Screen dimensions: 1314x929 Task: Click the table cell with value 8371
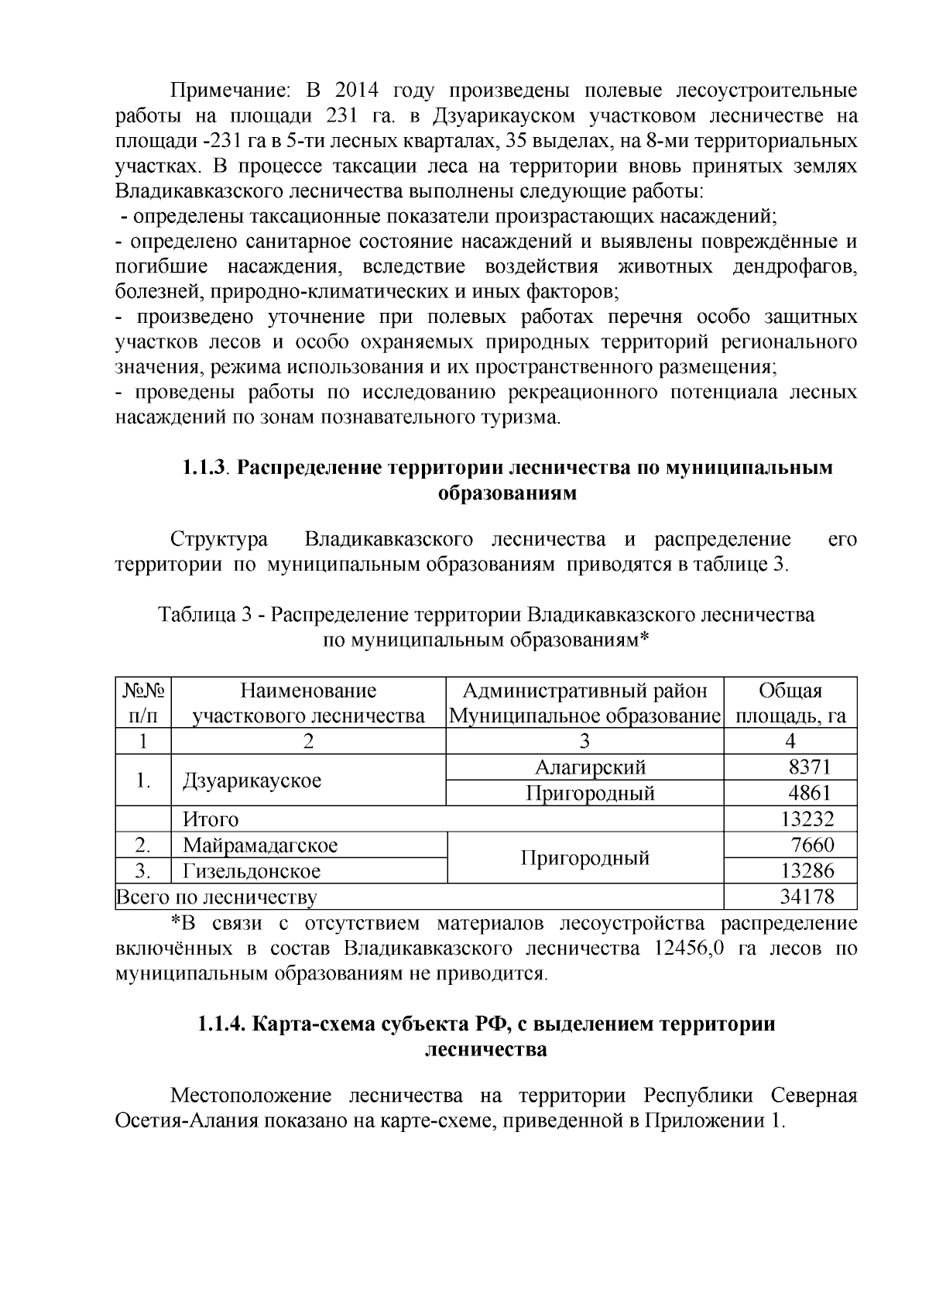pyautogui.click(x=809, y=767)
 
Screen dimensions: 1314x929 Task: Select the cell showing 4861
pyautogui.click(x=809, y=793)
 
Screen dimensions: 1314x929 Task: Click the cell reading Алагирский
pyautogui.click(x=590, y=767)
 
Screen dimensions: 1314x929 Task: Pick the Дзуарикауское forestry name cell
pyautogui.click(x=252, y=781)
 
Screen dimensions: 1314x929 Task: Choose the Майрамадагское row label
pyautogui.click(x=260, y=845)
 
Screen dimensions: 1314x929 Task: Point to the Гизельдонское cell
pyautogui.click(x=252, y=871)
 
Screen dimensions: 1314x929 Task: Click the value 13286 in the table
pyautogui.click(x=807, y=871)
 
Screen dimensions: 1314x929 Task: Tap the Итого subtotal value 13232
pyautogui.click(x=807, y=819)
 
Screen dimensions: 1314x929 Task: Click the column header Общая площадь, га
pyautogui.click(x=790, y=703)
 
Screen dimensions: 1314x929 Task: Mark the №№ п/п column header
pyautogui.click(x=142, y=703)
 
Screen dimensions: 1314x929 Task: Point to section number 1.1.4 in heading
pyautogui.click(x=221, y=1024)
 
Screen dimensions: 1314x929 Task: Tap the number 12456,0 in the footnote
pyautogui.click(x=689, y=949)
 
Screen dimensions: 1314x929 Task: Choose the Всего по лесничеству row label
pyautogui.click(x=216, y=897)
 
